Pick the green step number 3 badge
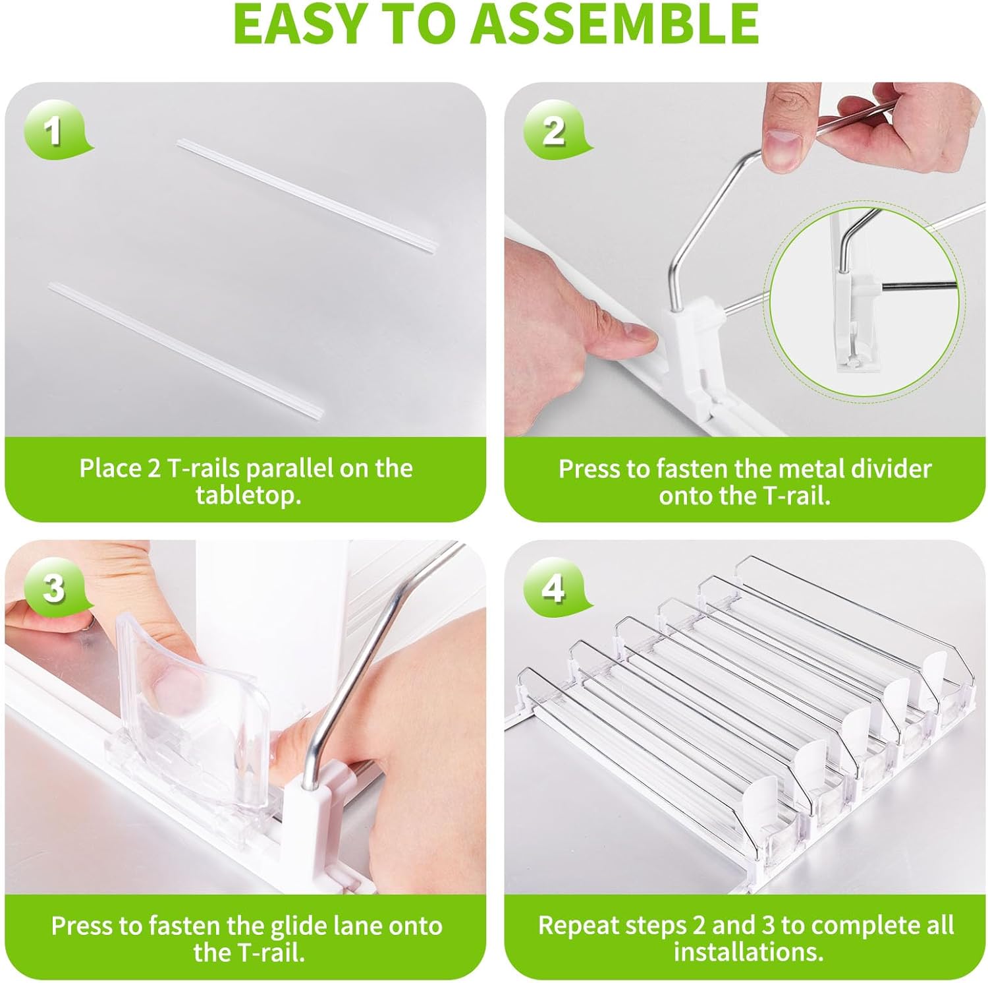(55, 587)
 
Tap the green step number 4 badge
(554, 587)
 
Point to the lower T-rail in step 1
(186, 351)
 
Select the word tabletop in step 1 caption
(249, 494)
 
